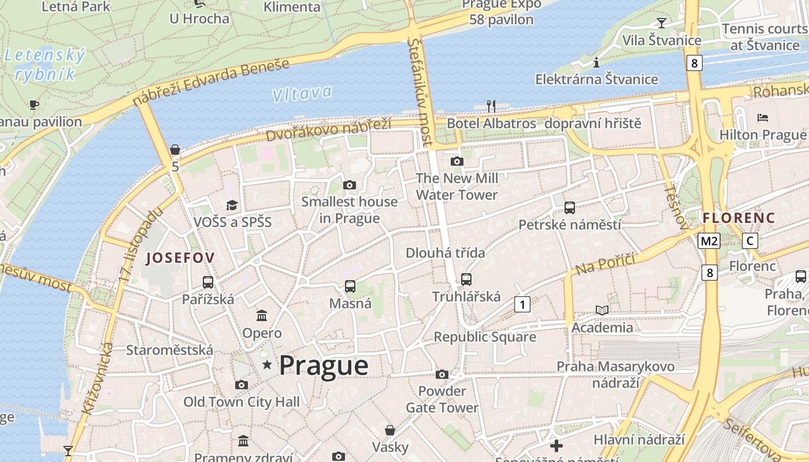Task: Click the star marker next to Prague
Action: (267, 365)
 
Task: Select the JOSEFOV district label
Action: (180, 258)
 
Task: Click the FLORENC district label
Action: (739, 218)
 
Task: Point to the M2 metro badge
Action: (709, 241)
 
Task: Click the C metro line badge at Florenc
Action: (749, 241)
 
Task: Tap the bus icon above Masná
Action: (350, 286)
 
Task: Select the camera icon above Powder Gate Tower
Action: (442, 374)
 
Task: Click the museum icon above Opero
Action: (262, 315)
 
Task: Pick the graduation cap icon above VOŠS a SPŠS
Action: (232, 205)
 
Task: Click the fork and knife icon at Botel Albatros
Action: (491, 106)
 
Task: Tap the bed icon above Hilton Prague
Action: (762, 118)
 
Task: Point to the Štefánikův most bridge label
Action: (420, 91)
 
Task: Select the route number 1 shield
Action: (522, 304)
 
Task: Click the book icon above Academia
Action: (602, 310)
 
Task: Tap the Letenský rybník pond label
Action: (45, 65)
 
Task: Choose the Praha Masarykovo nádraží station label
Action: (615, 374)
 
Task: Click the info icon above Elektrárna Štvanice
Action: (596, 62)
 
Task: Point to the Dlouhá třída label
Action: (445, 252)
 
